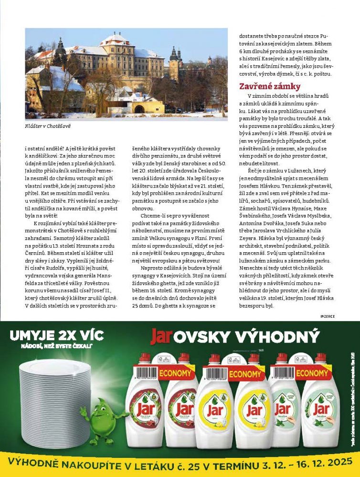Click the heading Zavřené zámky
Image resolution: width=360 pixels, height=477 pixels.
point(270,87)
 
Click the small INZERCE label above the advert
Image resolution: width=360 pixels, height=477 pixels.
point(329,316)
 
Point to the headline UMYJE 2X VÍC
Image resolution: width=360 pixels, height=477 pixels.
point(57,335)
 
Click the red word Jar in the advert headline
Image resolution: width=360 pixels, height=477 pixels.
point(161,337)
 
